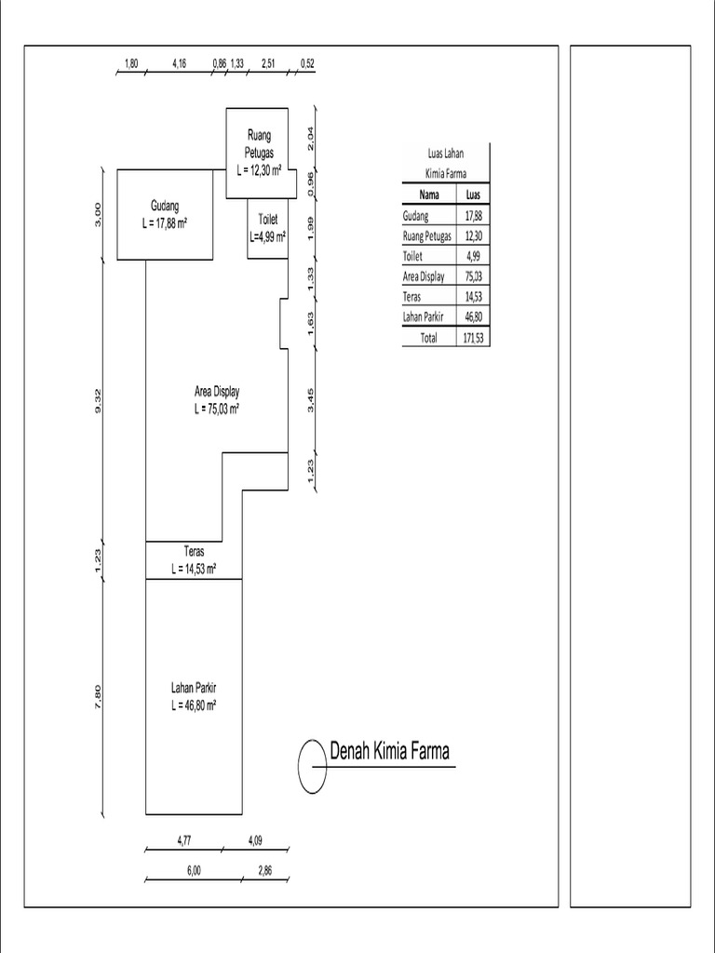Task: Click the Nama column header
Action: (429, 195)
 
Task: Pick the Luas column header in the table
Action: (473, 195)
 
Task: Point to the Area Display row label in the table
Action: (424, 276)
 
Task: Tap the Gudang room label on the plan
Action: (165, 206)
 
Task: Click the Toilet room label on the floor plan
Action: (268, 220)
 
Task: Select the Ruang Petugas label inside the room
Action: (259, 143)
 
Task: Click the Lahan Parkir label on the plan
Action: (194, 688)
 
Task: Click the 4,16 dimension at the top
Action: (180, 64)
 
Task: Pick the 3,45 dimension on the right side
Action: (312, 398)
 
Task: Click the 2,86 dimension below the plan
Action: (265, 872)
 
